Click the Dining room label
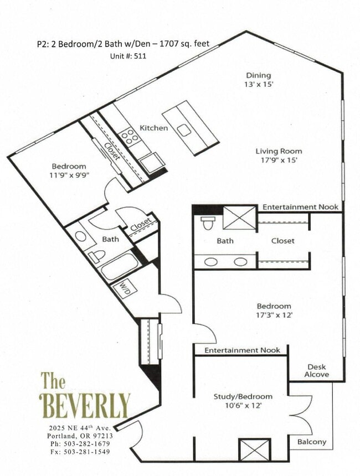(x=259, y=75)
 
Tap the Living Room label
(x=279, y=151)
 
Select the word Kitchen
(x=153, y=128)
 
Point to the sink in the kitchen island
(x=183, y=131)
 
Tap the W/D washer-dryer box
(x=122, y=289)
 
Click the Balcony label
(x=311, y=442)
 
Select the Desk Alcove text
(x=317, y=371)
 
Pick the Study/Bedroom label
(x=243, y=396)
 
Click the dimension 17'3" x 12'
(x=274, y=315)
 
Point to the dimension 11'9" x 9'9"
(x=69, y=175)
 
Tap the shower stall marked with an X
(x=239, y=217)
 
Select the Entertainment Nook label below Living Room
(x=300, y=207)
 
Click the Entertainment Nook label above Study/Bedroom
(x=242, y=350)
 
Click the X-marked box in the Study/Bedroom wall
(x=255, y=449)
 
